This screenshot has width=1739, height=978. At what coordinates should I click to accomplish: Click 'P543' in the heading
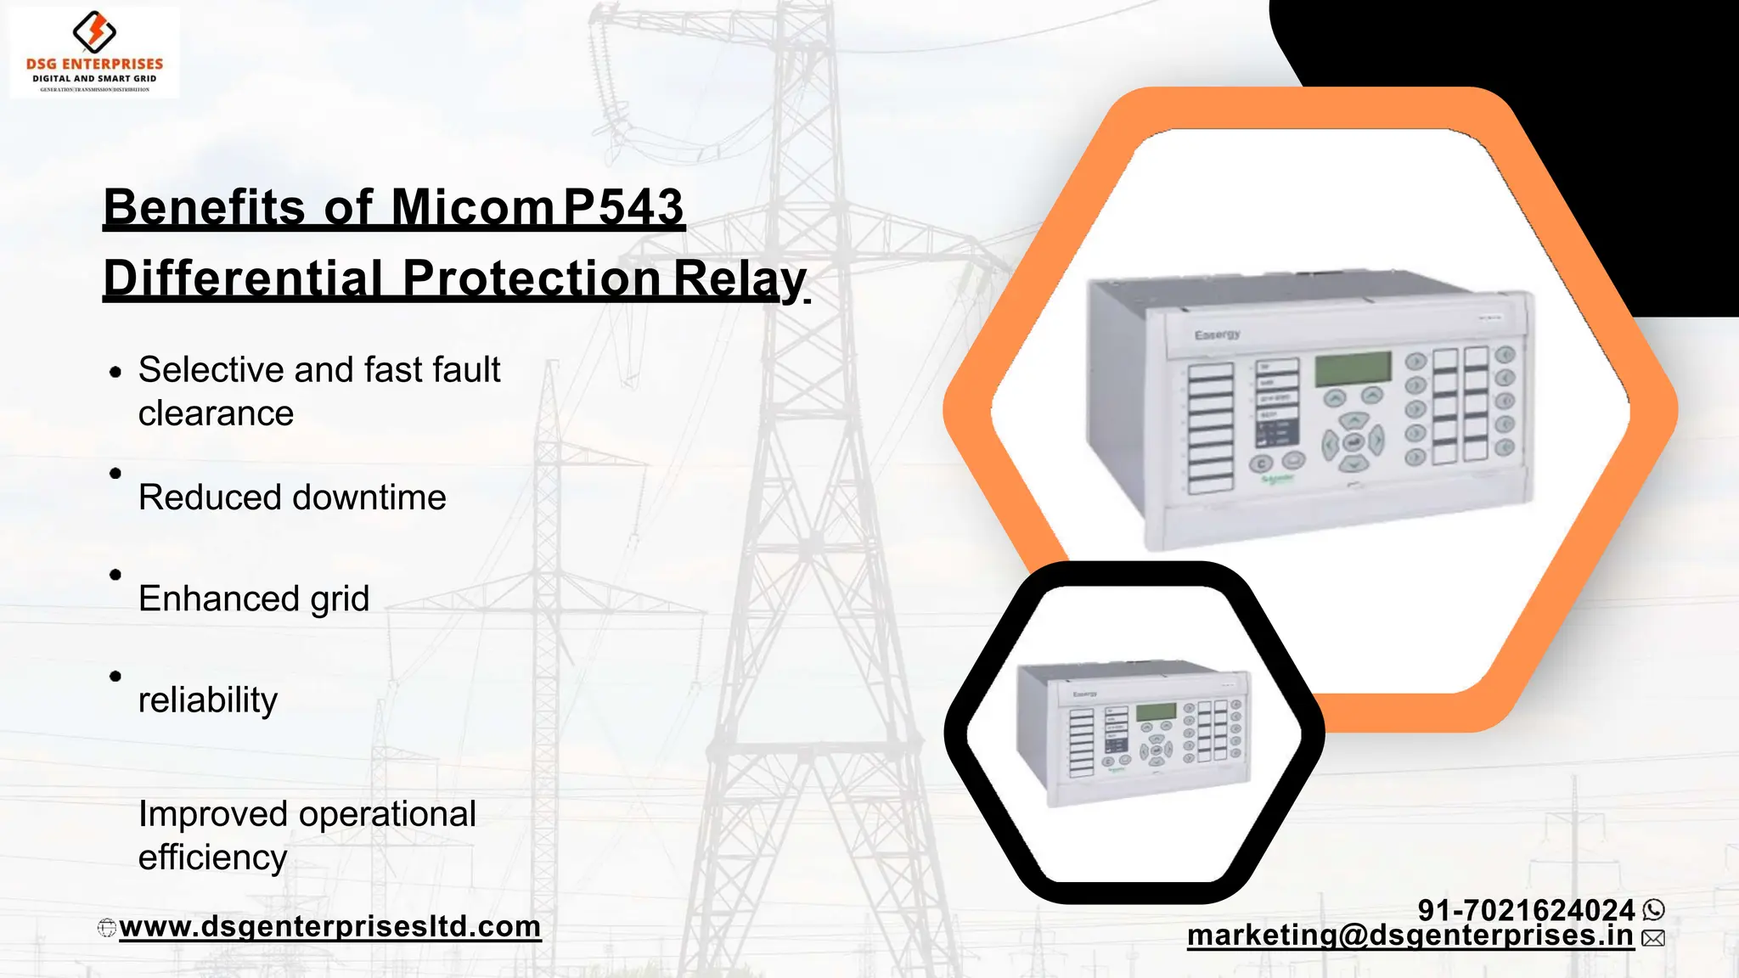point(623,207)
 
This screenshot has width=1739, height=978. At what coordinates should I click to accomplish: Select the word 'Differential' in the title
point(243,278)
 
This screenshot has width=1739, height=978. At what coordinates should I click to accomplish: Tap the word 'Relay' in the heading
point(739,278)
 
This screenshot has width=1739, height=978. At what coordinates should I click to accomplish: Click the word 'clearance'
point(216,413)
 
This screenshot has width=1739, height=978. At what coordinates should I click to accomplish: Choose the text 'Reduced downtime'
point(292,497)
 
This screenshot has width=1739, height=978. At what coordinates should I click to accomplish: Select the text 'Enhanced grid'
point(254,599)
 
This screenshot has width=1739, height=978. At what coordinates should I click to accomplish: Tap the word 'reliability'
point(208,700)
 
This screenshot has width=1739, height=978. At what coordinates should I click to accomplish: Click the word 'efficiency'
point(212,857)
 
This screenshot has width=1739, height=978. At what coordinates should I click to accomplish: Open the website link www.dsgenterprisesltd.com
point(329,926)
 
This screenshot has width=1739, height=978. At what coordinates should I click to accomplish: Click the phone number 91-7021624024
point(1526,910)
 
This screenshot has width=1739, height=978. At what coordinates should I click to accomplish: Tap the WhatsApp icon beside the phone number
point(1654,910)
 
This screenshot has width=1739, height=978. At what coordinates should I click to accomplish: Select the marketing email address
point(1410,936)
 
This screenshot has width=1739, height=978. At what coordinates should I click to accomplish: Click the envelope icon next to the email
point(1653,938)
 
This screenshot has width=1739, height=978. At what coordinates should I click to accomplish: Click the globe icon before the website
point(107,928)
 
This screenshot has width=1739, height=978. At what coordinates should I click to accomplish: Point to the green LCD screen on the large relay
point(1353,368)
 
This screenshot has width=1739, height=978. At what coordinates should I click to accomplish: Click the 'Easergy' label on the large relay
point(1217,334)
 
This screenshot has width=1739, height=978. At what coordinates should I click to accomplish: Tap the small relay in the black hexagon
point(1134,732)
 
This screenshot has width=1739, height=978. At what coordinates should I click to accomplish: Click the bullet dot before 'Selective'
point(115,372)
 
